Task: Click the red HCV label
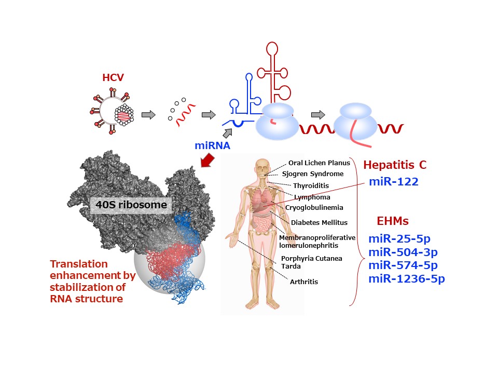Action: [113, 77]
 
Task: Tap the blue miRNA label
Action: [212, 145]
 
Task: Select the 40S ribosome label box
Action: [131, 205]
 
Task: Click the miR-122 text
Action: [394, 182]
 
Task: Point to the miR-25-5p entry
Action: [399, 238]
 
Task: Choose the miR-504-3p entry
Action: [403, 252]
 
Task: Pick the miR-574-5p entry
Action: [403, 265]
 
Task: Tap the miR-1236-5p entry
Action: [407, 279]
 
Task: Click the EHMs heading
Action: [393, 221]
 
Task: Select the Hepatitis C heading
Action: [395, 165]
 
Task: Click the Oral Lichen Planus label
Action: [319, 163]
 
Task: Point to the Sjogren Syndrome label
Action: [313, 174]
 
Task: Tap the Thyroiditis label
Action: [311, 186]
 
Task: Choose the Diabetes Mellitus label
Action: [319, 223]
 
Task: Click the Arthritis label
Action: [304, 282]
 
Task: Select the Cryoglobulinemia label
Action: [314, 208]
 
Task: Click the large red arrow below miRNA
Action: [208, 160]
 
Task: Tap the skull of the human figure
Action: [262, 167]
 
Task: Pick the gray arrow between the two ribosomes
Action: [318, 114]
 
